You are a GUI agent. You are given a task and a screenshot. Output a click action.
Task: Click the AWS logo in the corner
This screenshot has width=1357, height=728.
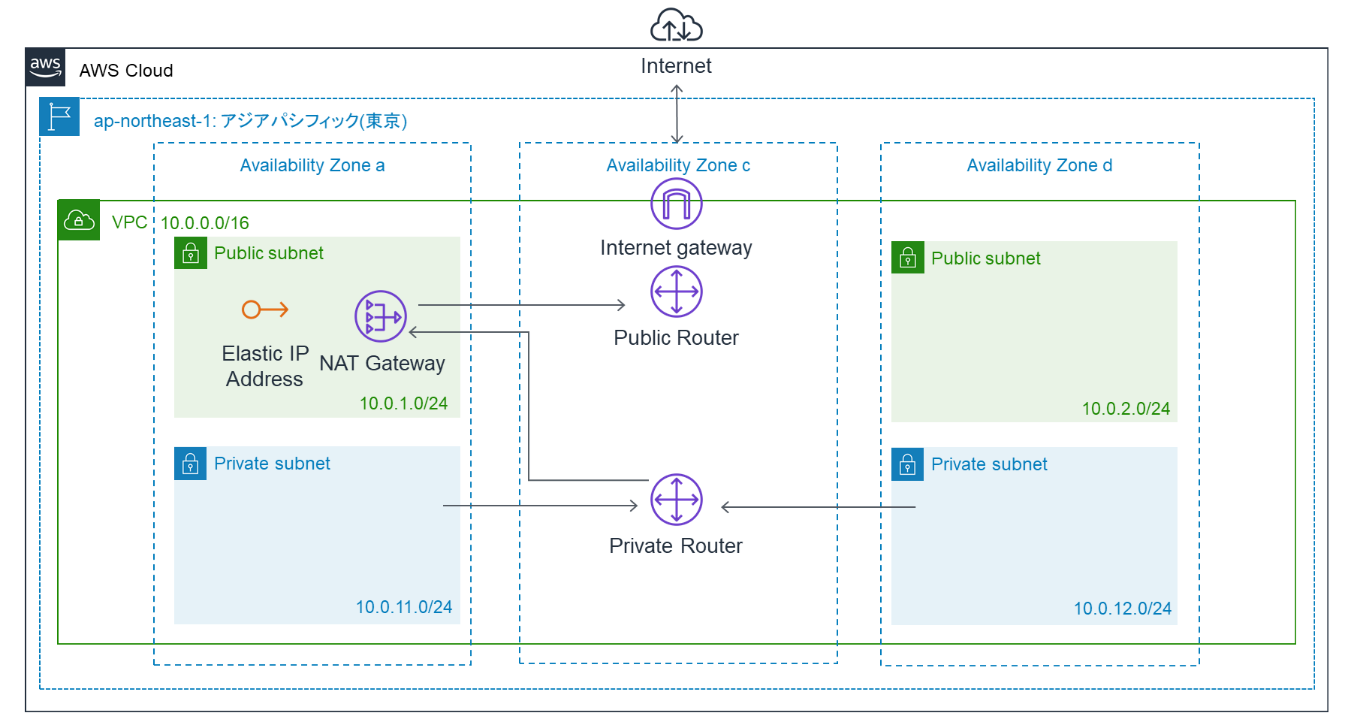45,68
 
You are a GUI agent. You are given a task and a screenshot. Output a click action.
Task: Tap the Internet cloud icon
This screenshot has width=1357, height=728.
676,26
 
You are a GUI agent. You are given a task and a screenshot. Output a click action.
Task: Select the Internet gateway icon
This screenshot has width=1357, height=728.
676,204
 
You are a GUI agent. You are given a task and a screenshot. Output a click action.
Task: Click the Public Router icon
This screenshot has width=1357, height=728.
676,292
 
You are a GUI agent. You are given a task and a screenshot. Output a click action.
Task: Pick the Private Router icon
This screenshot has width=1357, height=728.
676,500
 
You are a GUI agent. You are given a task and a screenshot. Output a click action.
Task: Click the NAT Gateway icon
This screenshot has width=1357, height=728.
381,316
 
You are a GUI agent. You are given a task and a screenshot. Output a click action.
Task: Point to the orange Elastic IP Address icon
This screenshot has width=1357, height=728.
265,310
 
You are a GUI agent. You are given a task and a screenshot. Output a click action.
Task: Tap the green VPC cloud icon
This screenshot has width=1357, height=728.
79,220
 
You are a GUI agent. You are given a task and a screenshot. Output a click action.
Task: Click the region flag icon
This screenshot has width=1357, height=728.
59,117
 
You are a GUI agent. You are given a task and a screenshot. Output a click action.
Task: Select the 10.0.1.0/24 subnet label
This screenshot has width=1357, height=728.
403,403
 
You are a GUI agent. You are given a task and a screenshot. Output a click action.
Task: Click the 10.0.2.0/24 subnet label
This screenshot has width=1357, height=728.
1126,409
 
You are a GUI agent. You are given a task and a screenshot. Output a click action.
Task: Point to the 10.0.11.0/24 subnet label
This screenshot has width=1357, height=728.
404,607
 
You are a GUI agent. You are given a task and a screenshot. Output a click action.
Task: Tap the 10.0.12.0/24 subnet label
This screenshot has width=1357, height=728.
1122,609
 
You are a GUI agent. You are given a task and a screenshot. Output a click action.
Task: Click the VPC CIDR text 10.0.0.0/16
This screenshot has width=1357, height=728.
205,223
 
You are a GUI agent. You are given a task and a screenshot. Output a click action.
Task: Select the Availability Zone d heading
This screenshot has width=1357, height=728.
1039,165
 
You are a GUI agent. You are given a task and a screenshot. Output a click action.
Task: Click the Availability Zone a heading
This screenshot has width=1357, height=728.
312,165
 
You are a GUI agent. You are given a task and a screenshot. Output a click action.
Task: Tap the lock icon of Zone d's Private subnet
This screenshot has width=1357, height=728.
907,464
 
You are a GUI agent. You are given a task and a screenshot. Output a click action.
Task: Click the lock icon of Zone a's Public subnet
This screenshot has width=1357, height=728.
191,253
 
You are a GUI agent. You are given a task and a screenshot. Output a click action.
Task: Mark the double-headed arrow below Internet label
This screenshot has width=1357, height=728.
677,113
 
